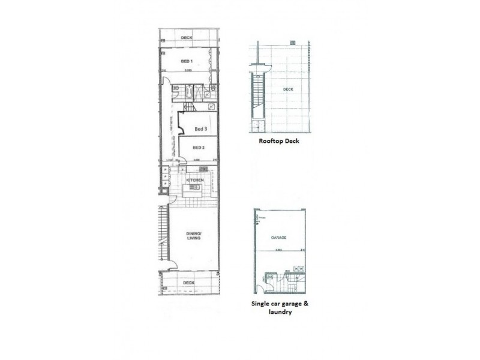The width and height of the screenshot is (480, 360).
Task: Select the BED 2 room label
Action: click(x=199, y=147)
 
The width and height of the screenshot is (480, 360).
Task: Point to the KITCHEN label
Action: click(x=195, y=180)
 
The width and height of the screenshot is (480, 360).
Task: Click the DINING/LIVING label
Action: click(x=194, y=236)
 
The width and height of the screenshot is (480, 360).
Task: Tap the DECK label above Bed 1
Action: click(x=187, y=38)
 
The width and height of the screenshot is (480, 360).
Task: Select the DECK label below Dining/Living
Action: click(x=189, y=282)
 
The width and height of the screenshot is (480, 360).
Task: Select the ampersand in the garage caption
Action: click(x=304, y=304)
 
